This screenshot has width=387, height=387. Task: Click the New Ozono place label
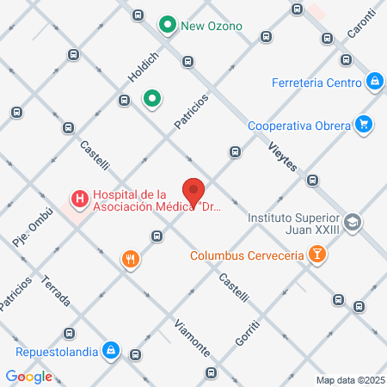tap(212, 26)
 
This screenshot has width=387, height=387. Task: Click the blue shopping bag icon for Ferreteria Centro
tap(374, 82)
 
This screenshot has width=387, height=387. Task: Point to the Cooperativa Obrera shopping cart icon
tap(365, 125)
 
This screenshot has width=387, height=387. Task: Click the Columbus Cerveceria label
tap(247, 255)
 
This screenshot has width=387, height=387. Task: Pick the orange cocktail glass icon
tap(317, 254)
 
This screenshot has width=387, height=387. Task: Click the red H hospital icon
tap(80, 200)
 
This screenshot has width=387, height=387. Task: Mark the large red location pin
tap(193, 192)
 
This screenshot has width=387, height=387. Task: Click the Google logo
tap(29, 376)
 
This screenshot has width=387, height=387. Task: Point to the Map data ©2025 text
tap(349, 380)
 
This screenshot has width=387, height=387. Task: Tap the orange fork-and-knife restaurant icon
tap(131, 259)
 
